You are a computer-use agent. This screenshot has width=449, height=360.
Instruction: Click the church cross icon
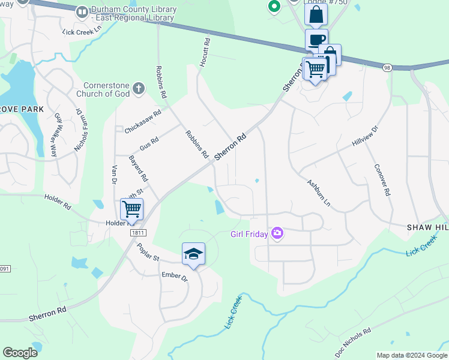(139, 89)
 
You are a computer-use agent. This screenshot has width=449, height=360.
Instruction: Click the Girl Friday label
(250, 233)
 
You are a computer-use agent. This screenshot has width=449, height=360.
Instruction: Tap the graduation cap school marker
(193, 254)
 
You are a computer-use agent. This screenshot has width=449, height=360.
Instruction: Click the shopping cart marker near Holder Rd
(131, 209)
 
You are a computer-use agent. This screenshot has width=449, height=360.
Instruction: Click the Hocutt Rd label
(205, 52)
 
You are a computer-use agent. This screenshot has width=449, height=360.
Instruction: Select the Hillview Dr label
(365, 137)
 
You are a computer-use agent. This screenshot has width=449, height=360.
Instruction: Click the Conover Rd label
(382, 180)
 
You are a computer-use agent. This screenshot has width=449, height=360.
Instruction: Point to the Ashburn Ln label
(318, 192)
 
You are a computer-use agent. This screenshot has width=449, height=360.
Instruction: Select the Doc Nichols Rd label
(354, 339)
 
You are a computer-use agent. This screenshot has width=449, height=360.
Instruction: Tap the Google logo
(20, 353)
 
